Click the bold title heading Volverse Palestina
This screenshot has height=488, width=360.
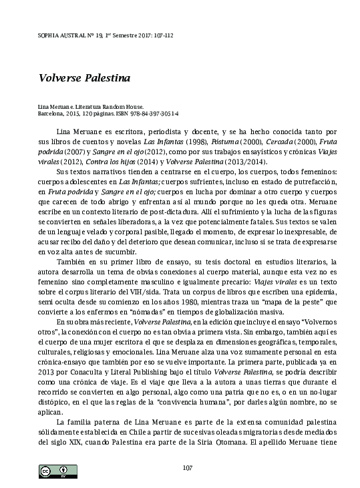pos(74,77)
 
